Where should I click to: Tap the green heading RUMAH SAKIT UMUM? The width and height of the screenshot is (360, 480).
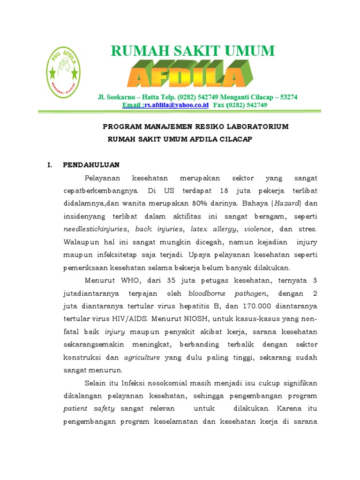coord(193,51)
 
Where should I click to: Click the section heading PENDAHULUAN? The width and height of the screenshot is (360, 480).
coord(91,165)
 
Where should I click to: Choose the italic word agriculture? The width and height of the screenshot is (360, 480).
coord(142,357)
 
